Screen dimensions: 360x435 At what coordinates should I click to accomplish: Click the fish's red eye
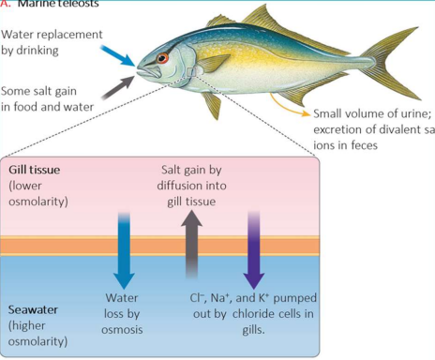point(163,58)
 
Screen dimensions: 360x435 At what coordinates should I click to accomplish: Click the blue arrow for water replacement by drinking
point(119,54)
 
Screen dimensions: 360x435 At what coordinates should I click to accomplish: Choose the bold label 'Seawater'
point(35,309)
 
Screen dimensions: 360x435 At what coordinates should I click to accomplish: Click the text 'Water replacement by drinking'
point(47,42)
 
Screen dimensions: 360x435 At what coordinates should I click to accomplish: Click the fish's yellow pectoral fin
point(214,65)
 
